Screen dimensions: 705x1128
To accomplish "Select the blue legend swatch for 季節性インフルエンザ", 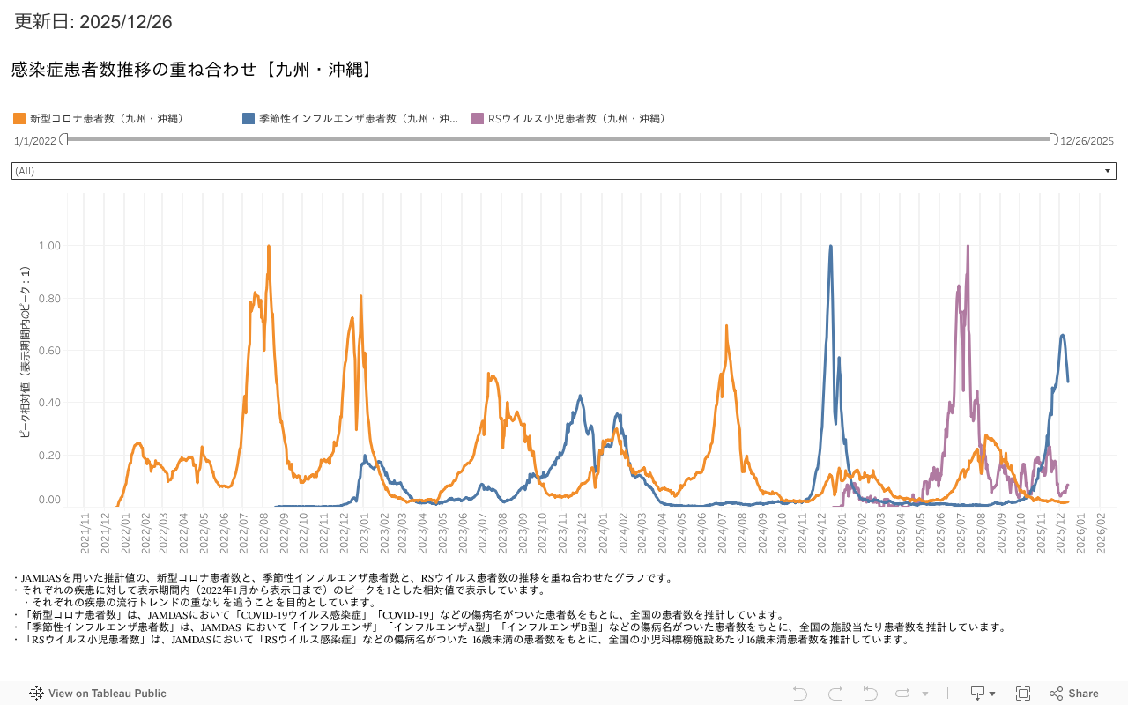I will (249, 118).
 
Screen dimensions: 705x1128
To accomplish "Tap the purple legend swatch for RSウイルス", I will (478, 118).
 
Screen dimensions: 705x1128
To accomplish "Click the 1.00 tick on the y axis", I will (49, 246).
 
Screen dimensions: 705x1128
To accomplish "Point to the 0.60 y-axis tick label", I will (49, 351).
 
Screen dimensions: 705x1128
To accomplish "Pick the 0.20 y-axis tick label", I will (49, 456).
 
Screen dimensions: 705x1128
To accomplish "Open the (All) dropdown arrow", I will (1108, 171).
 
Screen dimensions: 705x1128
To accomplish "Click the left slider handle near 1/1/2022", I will (63, 139).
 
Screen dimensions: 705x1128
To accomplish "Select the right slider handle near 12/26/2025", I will (1053, 139).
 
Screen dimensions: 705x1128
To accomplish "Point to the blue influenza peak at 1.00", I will (831, 247).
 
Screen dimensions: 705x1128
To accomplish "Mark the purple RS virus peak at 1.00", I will (968, 247).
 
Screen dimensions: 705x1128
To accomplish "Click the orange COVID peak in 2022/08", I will (268, 247).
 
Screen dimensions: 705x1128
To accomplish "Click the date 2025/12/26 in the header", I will (125, 22).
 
